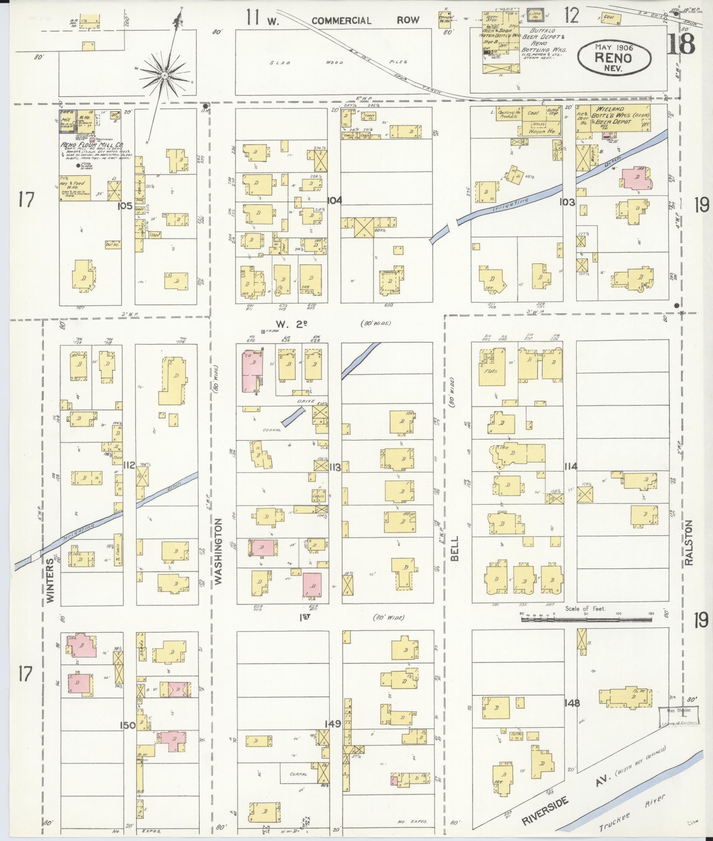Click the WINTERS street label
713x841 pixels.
click(51, 574)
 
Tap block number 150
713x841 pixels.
click(128, 725)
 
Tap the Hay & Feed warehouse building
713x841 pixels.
click(75, 189)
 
